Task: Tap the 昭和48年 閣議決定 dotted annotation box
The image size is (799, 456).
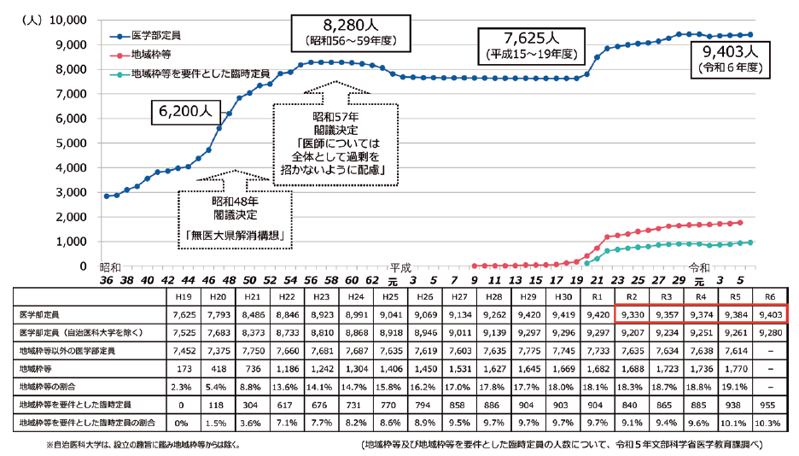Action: click(x=235, y=219)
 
